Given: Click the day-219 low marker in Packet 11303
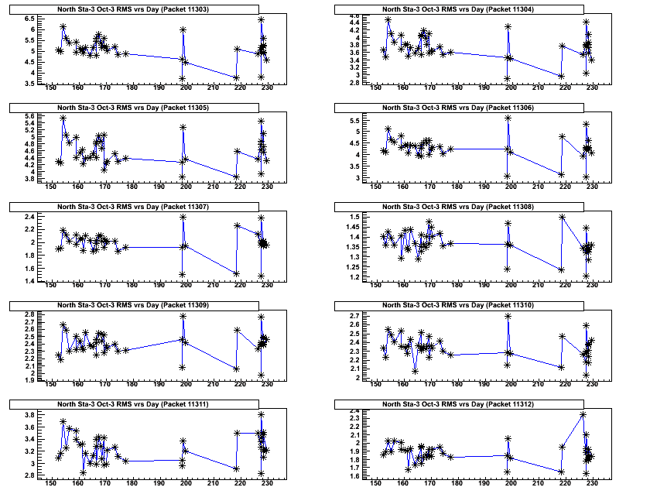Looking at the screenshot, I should tap(236, 77).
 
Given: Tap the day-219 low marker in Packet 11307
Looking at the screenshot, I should tap(236, 273).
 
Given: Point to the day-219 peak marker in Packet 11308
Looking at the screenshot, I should tap(562, 217).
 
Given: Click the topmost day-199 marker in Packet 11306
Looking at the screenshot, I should tap(508, 118).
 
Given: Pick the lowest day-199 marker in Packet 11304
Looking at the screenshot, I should tap(508, 78).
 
